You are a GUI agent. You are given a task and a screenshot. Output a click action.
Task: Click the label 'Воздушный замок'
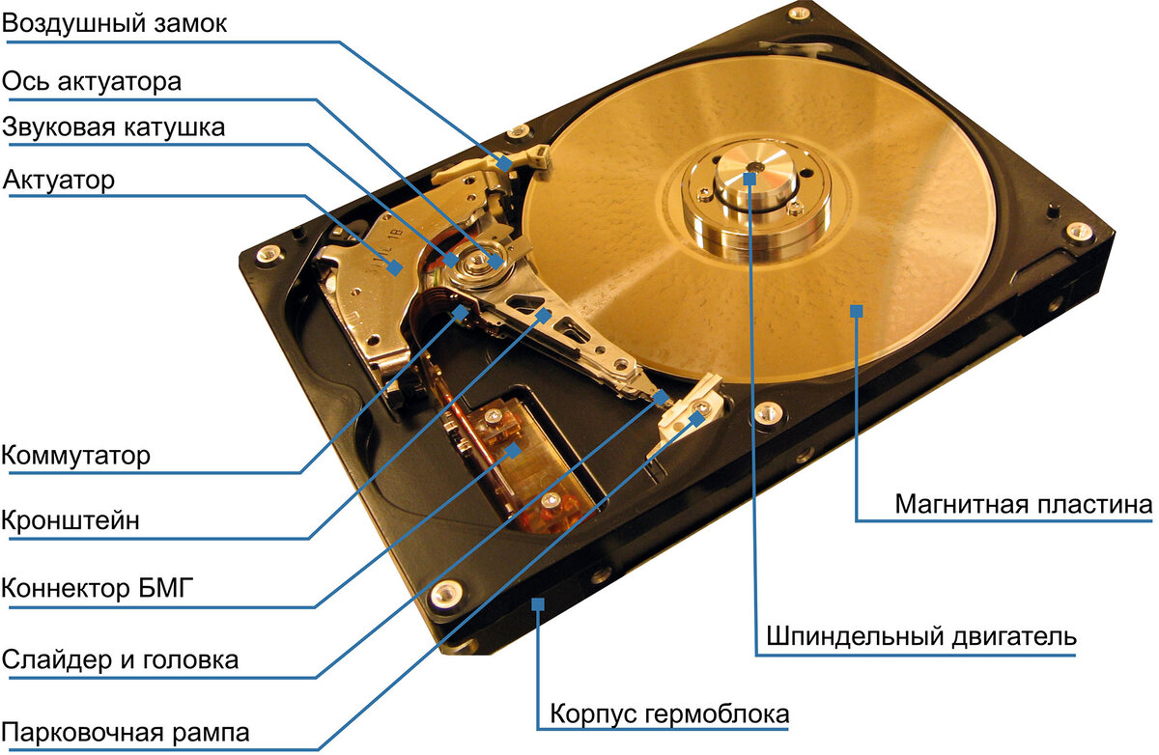pyautogui.click(x=115, y=24)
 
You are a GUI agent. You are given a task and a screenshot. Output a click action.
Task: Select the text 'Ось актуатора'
pyautogui.click(x=92, y=81)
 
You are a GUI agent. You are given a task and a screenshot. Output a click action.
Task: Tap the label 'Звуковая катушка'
pyautogui.click(x=114, y=127)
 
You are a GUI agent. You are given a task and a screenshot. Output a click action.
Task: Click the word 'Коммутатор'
pyautogui.click(x=76, y=455)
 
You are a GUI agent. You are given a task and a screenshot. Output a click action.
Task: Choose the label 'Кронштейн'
pyautogui.click(x=71, y=520)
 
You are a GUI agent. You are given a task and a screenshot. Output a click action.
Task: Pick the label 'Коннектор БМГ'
pyautogui.click(x=91, y=588)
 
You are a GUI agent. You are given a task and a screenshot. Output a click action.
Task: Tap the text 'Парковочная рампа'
pyautogui.click(x=126, y=731)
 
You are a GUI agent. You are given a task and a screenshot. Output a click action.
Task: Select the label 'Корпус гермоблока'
pyautogui.click(x=669, y=714)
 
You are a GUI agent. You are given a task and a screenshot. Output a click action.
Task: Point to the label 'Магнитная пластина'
pyautogui.click(x=1023, y=504)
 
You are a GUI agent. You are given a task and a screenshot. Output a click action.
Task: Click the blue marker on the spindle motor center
pyautogui.click(x=750, y=179)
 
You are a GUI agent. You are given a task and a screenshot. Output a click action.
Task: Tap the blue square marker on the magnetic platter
pyautogui.click(x=855, y=309)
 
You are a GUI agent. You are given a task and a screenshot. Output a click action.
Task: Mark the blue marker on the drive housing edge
pyautogui.click(x=537, y=604)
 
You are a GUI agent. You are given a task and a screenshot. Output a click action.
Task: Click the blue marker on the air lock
pyautogui.click(x=504, y=163)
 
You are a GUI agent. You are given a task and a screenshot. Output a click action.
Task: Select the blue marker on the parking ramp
pyautogui.click(x=700, y=419)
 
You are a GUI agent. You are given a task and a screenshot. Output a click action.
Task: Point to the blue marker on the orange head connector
pyautogui.click(x=514, y=449)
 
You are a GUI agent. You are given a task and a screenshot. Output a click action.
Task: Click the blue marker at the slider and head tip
pyautogui.click(x=661, y=396)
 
